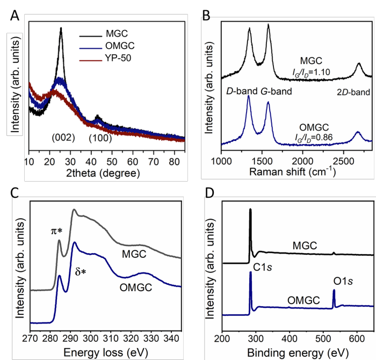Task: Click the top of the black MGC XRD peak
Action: (x=61, y=29)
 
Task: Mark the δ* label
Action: (x=81, y=272)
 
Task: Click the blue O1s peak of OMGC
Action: (x=334, y=291)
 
